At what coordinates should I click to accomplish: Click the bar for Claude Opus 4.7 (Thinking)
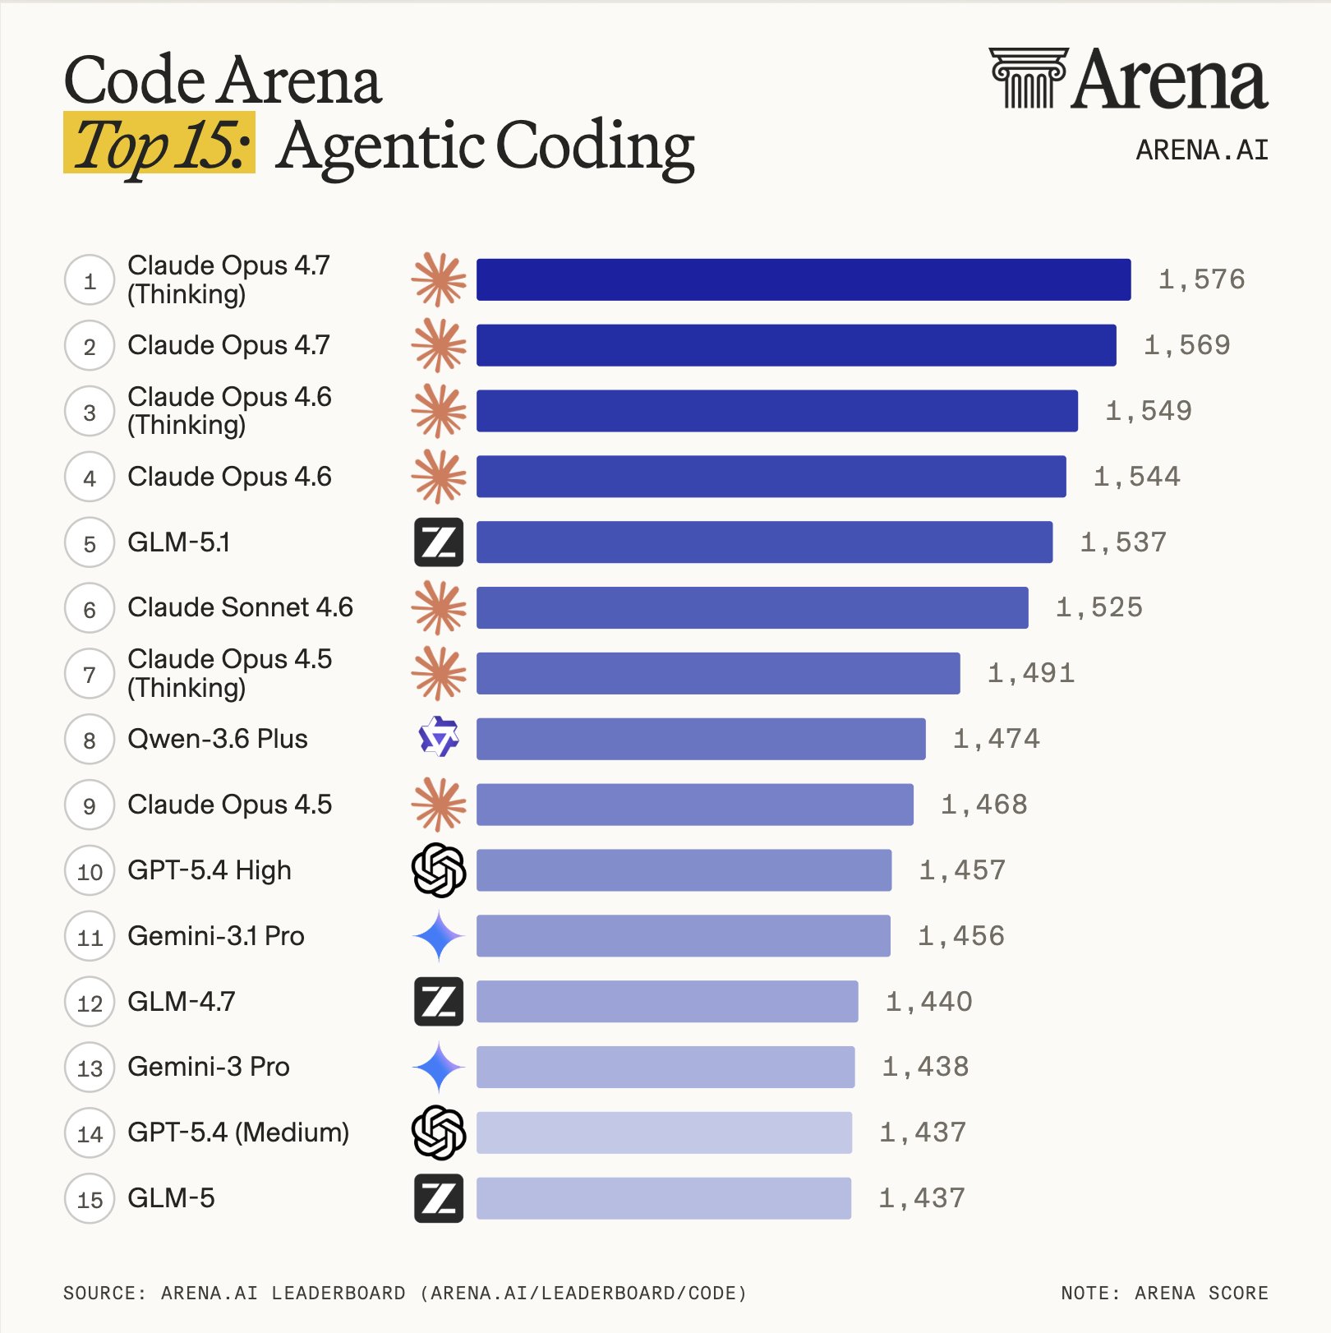pyautogui.click(x=803, y=279)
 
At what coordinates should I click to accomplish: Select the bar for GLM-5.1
pyautogui.click(x=764, y=542)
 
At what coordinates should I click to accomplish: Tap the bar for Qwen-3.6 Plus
pyautogui.click(x=700, y=739)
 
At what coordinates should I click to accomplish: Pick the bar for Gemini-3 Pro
pyautogui.click(x=665, y=1067)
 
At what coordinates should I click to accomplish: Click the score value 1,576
pyautogui.click(x=1201, y=279)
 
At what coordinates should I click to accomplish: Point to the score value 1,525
pyautogui.click(x=1098, y=607)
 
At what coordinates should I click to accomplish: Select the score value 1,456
pyautogui.click(x=960, y=935)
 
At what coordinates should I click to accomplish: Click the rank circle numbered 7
pyautogui.click(x=89, y=674)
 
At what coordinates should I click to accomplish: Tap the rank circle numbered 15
pyautogui.click(x=89, y=1199)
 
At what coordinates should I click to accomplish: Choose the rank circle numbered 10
pyautogui.click(x=89, y=871)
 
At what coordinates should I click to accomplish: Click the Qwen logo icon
pyautogui.click(x=439, y=737)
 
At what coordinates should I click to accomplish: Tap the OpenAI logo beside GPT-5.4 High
pyautogui.click(x=439, y=869)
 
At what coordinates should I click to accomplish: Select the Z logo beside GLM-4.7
pyautogui.click(x=439, y=1001)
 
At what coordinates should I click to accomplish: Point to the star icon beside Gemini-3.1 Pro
pyautogui.click(x=439, y=935)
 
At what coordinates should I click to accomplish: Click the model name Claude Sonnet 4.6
pyautogui.click(x=240, y=607)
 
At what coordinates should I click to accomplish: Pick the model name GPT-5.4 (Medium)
pyautogui.click(x=238, y=1132)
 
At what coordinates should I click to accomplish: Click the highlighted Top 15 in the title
pyautogui.click(x=159, y=144)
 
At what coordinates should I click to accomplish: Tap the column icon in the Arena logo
pyautogui.click(x=1028, y=77)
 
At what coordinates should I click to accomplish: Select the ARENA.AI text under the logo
pyautogui.click(x=1201, y=150)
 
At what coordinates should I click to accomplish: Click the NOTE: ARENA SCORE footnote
pyautogui.click(x=1163, y=1293)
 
